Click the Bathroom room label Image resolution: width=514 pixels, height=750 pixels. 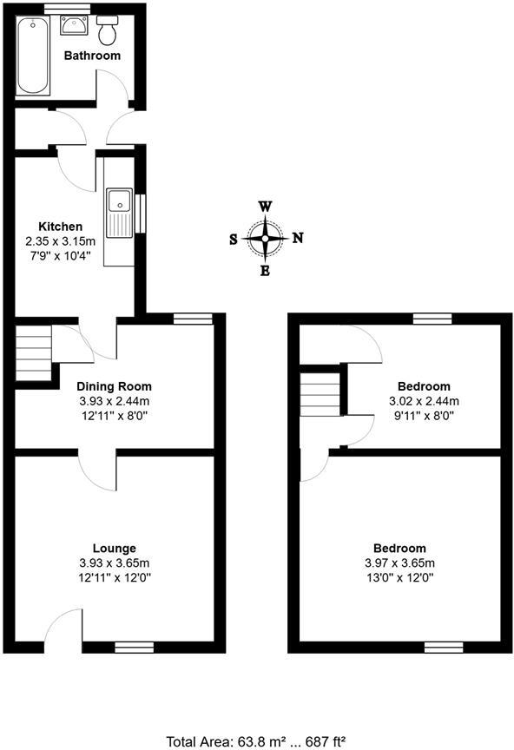tap(92, 56)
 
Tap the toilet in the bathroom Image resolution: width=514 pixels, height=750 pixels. tap(109, 32)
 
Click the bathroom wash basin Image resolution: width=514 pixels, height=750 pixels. tap(72, 25)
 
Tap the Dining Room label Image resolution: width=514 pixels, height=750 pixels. tap(114, 387)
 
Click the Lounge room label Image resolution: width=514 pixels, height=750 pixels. tap(114, 549)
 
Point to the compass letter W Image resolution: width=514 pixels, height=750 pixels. tap(266, 207)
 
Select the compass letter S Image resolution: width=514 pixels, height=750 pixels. tap(234, 240)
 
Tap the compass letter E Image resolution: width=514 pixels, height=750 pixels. tap(266, 271)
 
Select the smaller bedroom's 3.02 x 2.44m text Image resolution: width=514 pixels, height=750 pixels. tap(424, 401)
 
